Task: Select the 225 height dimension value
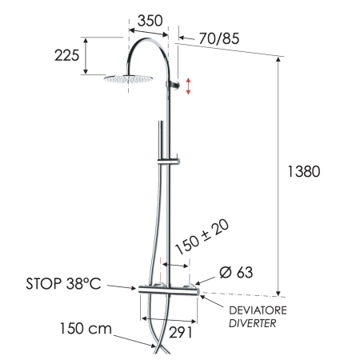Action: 66,55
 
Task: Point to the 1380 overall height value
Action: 304,171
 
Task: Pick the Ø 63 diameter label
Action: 234,273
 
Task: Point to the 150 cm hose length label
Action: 83,328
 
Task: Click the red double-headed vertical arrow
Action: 189,86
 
